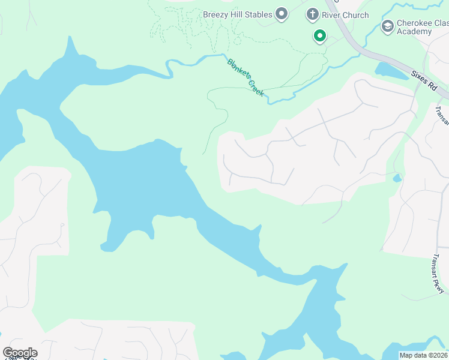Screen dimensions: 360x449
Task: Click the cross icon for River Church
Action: point(312,14)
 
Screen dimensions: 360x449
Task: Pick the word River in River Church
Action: point(332,15)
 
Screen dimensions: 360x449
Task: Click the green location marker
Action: point(320,36)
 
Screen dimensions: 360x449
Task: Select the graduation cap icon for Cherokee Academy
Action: point(388,26)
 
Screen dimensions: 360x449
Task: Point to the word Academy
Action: point(414,31)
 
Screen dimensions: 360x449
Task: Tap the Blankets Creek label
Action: point(245,77)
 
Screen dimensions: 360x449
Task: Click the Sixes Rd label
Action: point(424,80)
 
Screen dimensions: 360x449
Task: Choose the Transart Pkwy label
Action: point(436,274)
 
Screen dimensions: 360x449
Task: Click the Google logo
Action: point(20,353)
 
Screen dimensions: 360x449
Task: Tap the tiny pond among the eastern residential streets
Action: point(396,178)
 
